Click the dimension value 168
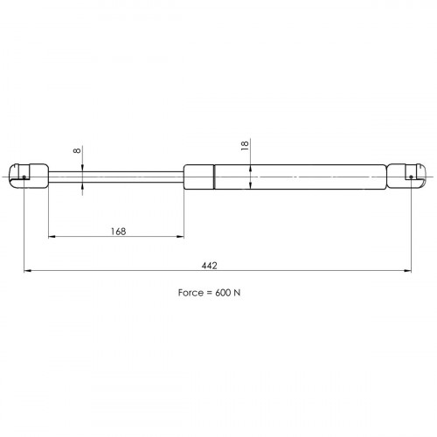pos(118,232)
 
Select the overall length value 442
pos(209,266)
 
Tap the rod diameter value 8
pos(77,150)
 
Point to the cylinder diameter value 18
pos(245,145)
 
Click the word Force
pos(190,293)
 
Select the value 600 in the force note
pos(223,293)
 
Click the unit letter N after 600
pos(237,293)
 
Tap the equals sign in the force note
pos(209,293)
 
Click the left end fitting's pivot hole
pos(24,177)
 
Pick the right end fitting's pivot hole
pos(411,177)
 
